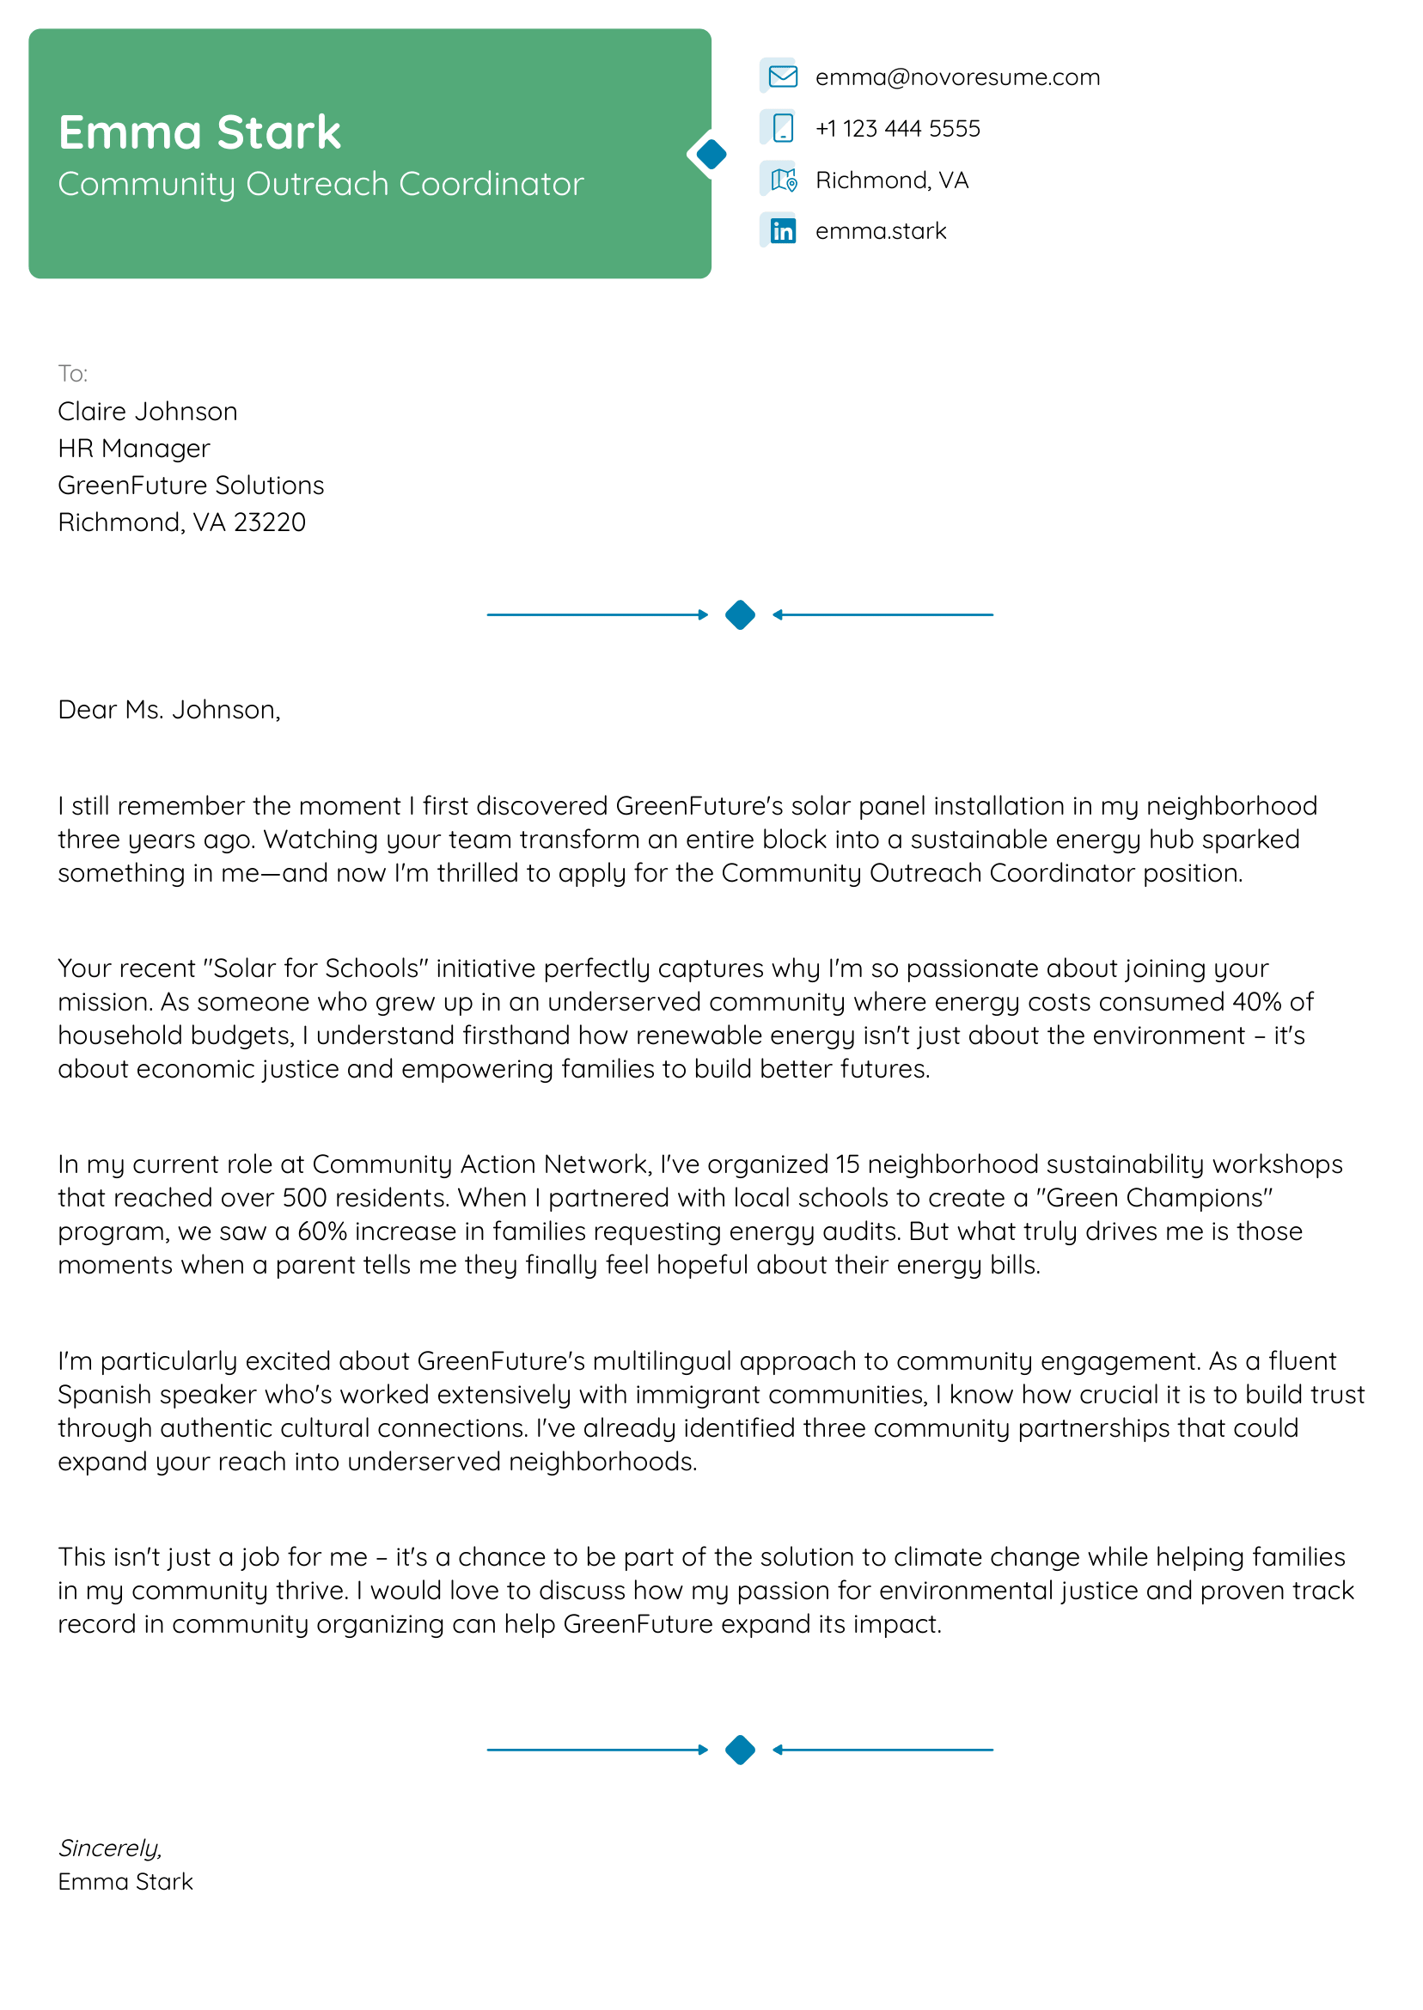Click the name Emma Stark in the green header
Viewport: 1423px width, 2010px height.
click(x=198, y=133)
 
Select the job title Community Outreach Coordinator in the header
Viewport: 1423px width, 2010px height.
click(x=321, y=184)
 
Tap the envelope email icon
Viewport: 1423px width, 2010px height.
click(x=783, y=77)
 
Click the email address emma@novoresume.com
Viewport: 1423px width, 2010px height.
click(x=957, y=77)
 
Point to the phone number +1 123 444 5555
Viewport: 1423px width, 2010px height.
click(x=897, y=129)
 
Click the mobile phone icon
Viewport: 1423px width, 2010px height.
click(x=783, y=129)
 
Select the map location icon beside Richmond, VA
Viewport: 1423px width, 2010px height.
click(x=783, y=180)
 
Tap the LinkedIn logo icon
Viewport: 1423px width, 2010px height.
click(x=783, y=231)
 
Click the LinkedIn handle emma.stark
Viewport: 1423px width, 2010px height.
click(x=881, y=231)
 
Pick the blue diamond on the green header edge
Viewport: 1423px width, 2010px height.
click(x=711, y=154)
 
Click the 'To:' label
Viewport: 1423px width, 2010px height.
click(x=73, y=374)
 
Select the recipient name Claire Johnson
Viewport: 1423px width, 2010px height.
click(x=147, y=412)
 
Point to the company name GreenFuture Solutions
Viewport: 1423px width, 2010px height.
click(x=191, y=486)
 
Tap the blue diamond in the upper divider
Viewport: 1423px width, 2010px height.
click(x=741, y=615)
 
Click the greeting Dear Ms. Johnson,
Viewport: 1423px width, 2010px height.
click(x=169, y=710)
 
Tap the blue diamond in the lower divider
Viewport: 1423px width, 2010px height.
click(x=741, y=1750)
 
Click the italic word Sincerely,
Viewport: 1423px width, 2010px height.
click(x=110, y=1848)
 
